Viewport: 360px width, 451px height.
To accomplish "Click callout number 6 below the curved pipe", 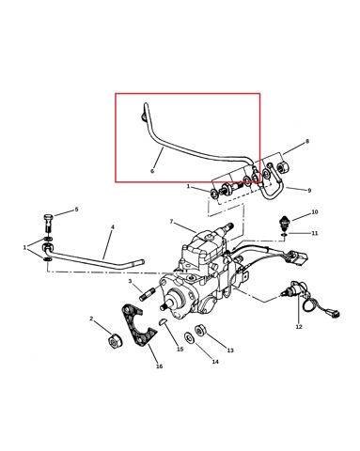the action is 152,171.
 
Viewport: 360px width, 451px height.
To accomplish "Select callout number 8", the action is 307,141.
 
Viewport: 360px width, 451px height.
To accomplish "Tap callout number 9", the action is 309,190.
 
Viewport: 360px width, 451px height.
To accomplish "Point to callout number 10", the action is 315,212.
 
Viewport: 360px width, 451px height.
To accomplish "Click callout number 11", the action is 315,233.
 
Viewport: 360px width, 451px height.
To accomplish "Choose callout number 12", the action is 299,327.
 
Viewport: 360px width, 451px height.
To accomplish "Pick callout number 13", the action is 230,350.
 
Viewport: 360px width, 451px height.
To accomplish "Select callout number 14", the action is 215,362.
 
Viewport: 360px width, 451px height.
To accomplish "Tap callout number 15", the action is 180,350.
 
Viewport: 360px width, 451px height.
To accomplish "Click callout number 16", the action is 160,366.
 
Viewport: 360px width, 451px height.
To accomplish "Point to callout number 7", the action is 171,222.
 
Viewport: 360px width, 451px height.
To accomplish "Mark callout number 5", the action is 76,210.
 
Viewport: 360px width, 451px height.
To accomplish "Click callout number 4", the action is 113,226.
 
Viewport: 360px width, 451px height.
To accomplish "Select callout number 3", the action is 130,281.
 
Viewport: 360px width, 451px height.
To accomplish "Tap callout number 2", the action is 91,319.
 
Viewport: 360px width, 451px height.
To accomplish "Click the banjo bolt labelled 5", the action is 47,224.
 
